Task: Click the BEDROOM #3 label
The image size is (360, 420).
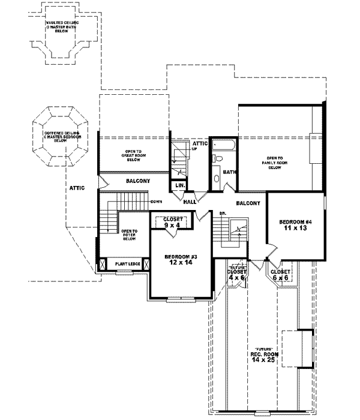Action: tap(181, 256)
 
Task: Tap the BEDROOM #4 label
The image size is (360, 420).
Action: tap(294, 222)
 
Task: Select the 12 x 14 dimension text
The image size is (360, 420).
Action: tap(181, 263)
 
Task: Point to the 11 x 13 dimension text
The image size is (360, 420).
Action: tap(294, 229)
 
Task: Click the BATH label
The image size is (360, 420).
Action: tap(229, 172)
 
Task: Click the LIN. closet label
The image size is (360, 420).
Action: tap(179, 185)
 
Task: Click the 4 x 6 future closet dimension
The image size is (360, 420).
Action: tap(236, 278)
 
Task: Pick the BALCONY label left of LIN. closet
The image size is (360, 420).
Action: tap(137, 181)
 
